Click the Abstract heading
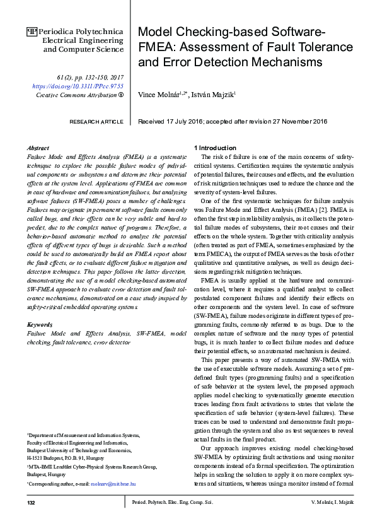tap(38, 147)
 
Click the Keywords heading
tap(40, 324)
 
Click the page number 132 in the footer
tap(31, 520)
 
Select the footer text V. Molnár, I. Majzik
tap(332, 520)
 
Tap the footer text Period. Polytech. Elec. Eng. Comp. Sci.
tap(172, 520)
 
